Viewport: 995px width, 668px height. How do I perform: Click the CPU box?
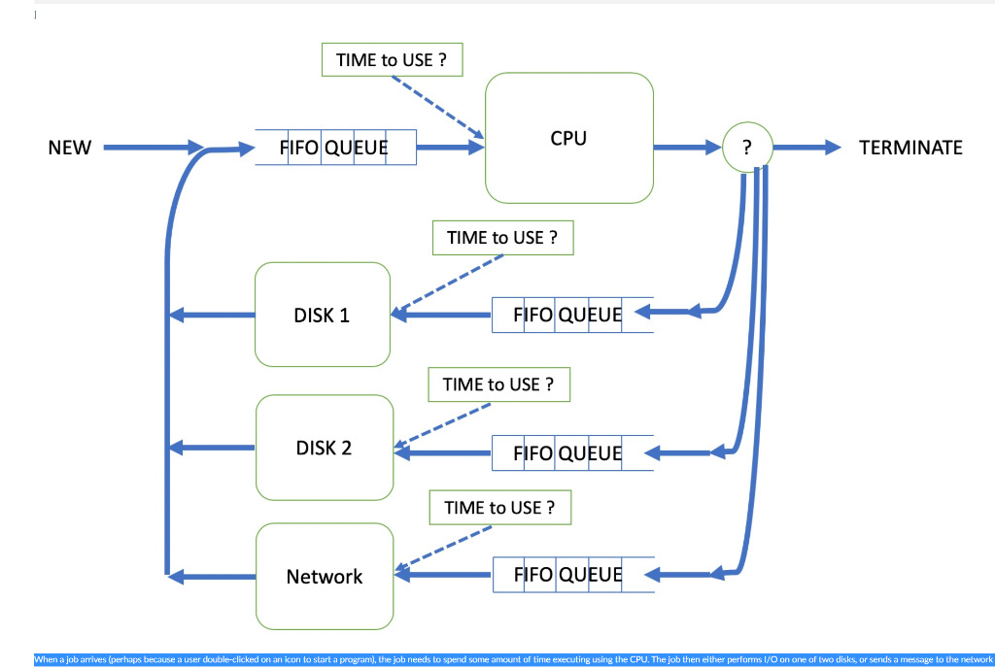[568, 138]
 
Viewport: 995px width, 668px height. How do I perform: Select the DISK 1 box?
[322, 315]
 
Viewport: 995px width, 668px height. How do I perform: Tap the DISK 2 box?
[324, 448]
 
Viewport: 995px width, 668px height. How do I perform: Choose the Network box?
[324, 577]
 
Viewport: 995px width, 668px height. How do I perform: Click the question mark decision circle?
[746, 148]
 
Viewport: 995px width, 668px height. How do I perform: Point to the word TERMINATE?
[910, 148]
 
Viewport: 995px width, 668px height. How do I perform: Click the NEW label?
[69, 148]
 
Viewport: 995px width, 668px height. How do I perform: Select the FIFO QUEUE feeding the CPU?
[335, 148]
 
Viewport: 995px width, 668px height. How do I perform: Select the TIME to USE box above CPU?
[392, 59]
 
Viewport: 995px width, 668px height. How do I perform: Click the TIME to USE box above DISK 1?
[502, 237]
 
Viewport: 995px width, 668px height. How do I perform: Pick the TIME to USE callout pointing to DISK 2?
[498, 384]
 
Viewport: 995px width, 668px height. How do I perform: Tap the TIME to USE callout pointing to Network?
[499, 508]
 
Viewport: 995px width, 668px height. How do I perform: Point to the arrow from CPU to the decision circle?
[687, 148]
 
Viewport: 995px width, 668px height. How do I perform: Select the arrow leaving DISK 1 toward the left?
[211, 315]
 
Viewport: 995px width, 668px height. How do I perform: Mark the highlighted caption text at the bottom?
[513, 659]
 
